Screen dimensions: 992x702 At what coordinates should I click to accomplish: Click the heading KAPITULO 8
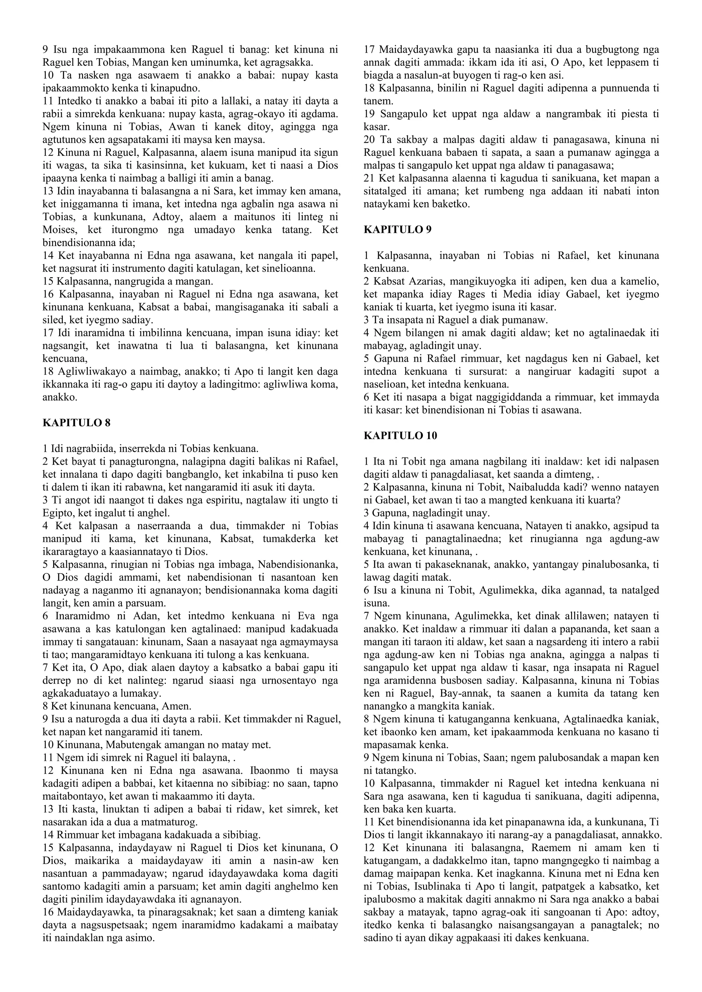click(x=76, y=423)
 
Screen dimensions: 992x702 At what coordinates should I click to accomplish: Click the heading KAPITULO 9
click(x=398, y=230)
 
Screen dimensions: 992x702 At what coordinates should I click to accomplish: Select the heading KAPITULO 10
click(x=401, y=435)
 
